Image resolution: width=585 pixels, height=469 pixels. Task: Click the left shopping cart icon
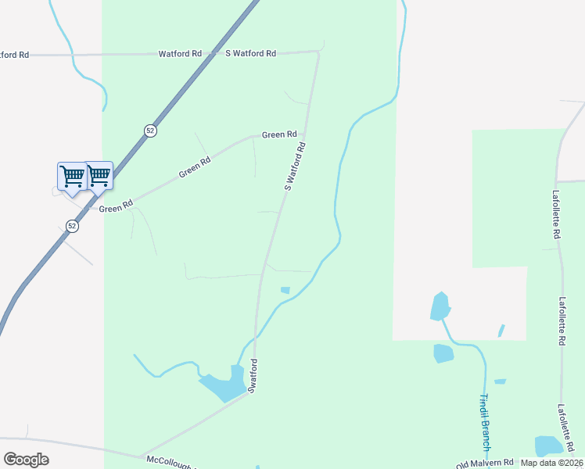pos(72,176)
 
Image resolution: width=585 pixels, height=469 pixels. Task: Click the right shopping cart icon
pos(99,176)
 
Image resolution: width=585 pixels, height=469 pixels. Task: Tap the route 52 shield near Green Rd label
pos(150,131)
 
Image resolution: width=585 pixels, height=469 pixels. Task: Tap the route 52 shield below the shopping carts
pos(72,226)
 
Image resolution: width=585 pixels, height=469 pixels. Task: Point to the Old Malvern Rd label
pos(485,462)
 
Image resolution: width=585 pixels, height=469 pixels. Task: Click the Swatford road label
pos(253,375)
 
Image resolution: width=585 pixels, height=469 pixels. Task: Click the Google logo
pos(26,460)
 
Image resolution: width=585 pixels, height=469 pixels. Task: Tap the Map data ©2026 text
pos(551,463)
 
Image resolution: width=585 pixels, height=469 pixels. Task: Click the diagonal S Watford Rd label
pos(294,166)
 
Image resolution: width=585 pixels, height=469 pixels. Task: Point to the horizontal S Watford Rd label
pos(250,54)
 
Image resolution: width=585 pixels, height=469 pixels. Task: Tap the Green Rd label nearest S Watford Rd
pos(279,134)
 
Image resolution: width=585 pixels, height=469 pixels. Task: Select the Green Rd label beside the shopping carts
pos(116,208)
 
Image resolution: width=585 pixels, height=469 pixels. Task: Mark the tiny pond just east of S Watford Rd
pos(285,291)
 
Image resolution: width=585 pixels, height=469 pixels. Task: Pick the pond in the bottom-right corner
pos(548,446)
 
